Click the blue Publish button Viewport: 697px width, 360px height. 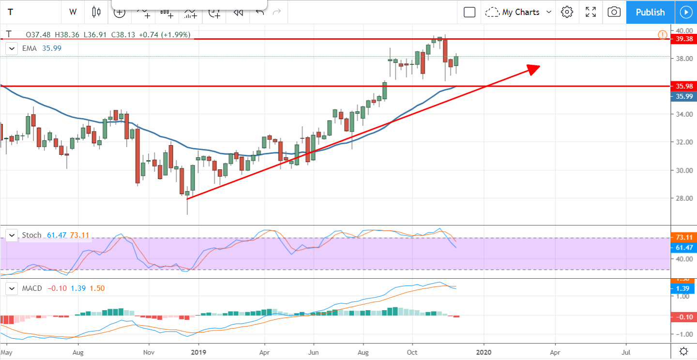click(x=650, y=12)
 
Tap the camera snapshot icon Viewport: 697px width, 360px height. click(x=614, y=12)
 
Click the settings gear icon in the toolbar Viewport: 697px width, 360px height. click(x=567, y=12)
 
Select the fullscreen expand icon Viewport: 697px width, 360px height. click(x=591, y=12)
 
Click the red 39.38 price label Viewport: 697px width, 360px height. click(x=683, y=39)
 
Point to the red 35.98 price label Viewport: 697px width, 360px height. click(x=683, y=86)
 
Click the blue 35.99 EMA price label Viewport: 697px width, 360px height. click(x=683, y=96)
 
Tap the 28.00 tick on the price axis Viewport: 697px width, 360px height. click(x=683, y=198)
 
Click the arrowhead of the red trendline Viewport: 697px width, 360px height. click(x=534, y=69)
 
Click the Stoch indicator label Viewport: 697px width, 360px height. click(x=32, y=235)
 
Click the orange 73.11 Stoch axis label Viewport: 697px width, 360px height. click(x=683, y=238)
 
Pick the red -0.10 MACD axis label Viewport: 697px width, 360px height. click(x=683, y=317)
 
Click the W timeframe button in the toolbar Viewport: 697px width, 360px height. click(x=73, y=12)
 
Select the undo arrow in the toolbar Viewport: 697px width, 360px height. click(x=260, y=12)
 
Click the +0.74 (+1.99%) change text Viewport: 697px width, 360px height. click(x=164, y=35)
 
